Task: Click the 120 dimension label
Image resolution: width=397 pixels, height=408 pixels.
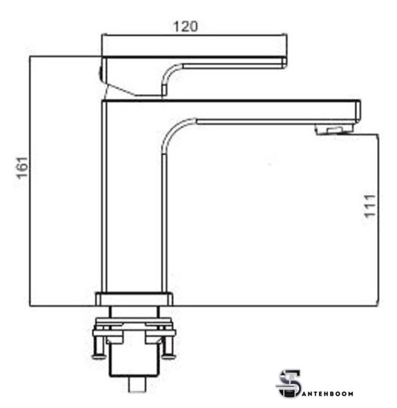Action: (185, 26)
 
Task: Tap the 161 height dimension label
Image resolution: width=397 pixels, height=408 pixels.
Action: (22, 168)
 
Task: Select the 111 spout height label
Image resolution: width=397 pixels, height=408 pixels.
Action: (369, 206)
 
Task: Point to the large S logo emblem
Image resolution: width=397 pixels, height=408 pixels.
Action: (289, 384)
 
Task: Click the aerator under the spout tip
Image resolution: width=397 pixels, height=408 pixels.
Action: (334, 129)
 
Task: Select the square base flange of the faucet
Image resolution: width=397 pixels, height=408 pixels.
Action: (134, 299)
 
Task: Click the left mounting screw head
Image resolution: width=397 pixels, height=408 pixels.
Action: (99, 356)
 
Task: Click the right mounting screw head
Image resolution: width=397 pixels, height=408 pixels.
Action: (168, 356)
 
